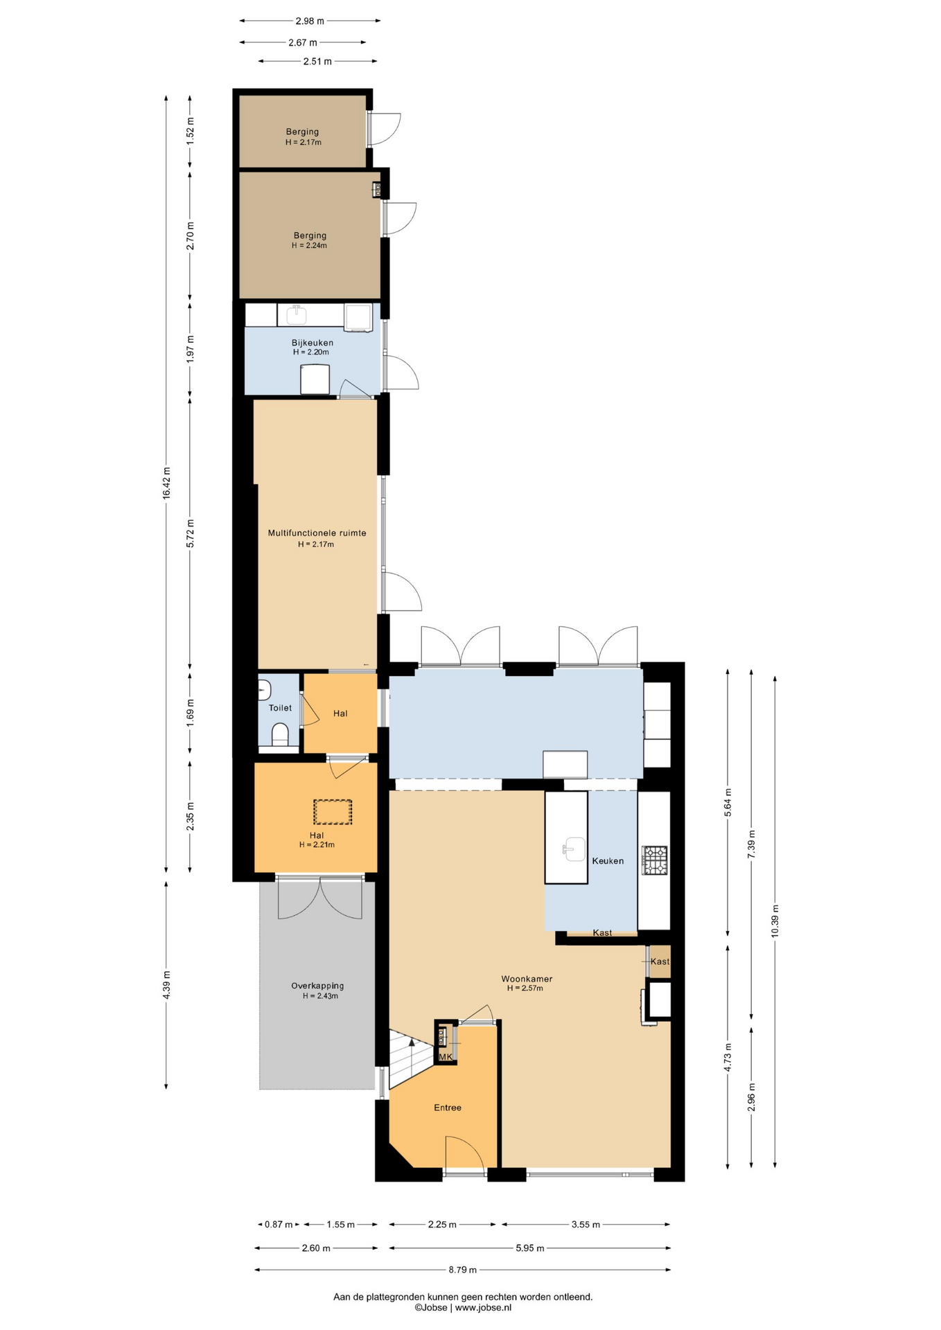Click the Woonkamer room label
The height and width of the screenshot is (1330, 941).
527,979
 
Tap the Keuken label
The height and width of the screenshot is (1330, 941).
608,861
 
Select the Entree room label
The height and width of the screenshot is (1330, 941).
448,1108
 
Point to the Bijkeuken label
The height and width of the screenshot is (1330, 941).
312,343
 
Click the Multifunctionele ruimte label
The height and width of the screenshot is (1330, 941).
317,533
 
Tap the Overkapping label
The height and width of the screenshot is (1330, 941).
317,986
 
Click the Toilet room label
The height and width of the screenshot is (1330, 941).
280,708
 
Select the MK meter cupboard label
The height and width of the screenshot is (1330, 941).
446,1057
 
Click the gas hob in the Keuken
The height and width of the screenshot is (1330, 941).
655,860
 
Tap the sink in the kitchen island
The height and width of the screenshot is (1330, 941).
574,849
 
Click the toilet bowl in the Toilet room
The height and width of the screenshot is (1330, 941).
280,734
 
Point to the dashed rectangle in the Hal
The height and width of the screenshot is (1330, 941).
333,812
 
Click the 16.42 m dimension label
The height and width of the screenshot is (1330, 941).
166,483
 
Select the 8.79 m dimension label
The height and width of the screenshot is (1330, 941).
462,1270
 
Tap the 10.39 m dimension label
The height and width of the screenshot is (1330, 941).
775,921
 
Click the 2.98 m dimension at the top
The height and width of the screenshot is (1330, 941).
310,21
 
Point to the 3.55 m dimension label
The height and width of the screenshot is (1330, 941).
586,1225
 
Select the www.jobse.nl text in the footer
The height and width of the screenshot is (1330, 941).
483,1308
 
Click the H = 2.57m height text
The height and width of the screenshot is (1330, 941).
525,988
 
